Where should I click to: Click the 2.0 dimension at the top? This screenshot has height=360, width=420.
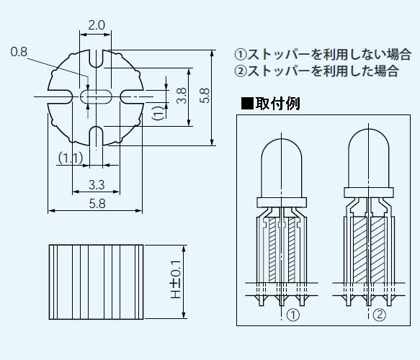click(96, 26)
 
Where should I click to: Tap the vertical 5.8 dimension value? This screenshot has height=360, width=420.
click(205, 96)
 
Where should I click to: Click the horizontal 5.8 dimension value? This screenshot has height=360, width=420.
click(96, 204)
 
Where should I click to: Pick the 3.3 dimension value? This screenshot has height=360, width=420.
click(96, 185)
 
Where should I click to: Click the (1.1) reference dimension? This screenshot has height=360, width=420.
click(70, 158)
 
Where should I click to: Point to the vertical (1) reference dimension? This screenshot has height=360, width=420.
click(158, 112)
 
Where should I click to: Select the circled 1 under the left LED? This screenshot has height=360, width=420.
click(292, 315)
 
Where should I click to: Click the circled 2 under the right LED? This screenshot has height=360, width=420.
click(378, 315)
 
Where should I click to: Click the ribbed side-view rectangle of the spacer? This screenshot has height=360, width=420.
click(96, 282)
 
